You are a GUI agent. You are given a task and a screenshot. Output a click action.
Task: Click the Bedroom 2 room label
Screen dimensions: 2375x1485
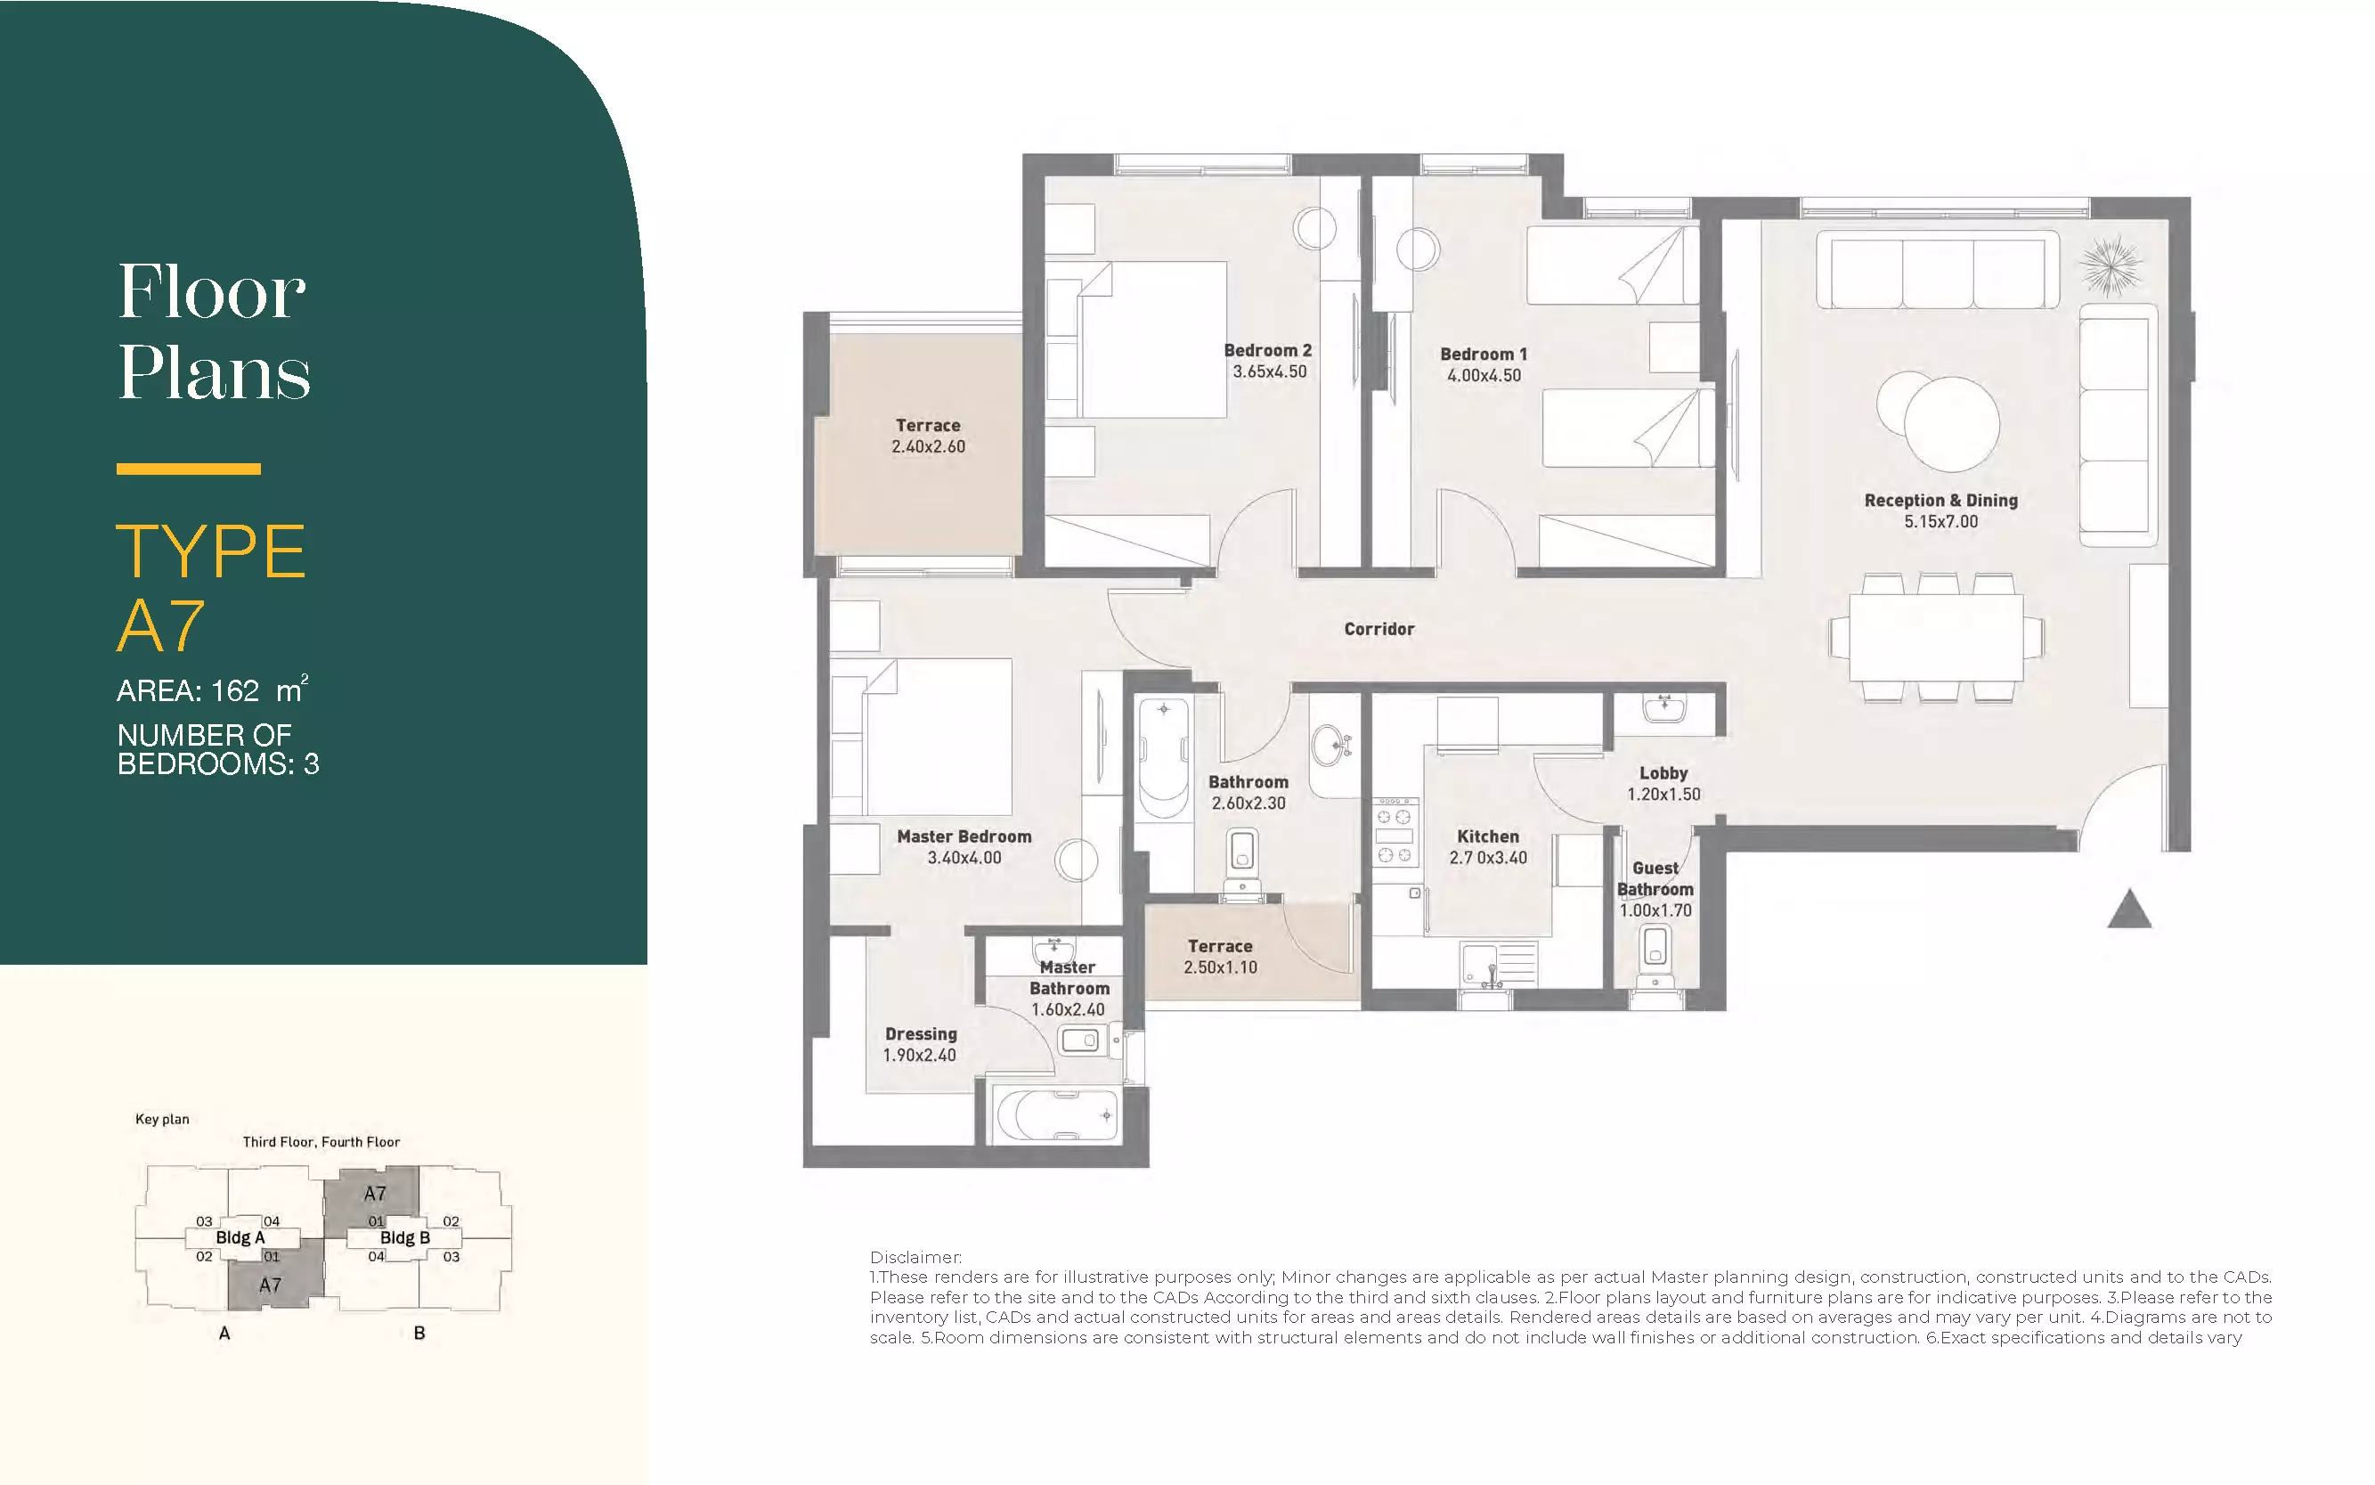[x=1267, y=351]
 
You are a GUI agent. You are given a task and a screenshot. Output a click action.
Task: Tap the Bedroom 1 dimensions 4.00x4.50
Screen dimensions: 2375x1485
[x=1484, y=375]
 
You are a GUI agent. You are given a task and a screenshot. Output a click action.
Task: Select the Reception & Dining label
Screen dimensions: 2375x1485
[x=1941, y=500]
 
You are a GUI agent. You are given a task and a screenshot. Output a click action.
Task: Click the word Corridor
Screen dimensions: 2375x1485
[x=1379, y=629]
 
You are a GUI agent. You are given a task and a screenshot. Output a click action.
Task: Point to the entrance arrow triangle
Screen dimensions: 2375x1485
[x=2129, y=910]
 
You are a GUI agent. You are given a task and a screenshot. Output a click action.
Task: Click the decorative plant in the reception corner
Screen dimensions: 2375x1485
[x=2111, y=266]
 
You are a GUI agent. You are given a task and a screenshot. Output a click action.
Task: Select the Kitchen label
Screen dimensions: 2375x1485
[x=1487, y=836]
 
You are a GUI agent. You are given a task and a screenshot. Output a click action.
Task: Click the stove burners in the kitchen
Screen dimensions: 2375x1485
[x=1395, y=833]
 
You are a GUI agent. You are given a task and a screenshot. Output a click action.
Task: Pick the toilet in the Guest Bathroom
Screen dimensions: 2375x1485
[x=1655, y=956]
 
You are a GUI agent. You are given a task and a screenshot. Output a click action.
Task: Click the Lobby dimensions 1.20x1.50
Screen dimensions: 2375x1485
[x=1663, y=795]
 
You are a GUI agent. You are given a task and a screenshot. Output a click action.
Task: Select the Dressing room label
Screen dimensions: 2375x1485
[x=920, y=1033]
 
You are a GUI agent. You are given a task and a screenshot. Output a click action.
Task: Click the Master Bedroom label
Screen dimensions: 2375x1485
[x=964, y=836]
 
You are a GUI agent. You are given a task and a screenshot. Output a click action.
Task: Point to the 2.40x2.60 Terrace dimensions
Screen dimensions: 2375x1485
[x=928, y=447]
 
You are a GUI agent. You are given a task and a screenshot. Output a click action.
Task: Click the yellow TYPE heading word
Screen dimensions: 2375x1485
[x=211, y=551]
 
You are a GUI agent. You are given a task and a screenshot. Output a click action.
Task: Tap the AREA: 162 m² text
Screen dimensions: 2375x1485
[x=213, y=689]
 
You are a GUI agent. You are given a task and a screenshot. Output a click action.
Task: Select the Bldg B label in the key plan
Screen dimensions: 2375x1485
[x=404, y=1237]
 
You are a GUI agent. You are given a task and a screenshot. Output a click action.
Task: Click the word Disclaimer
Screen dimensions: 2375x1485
[x=915, y=1257]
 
